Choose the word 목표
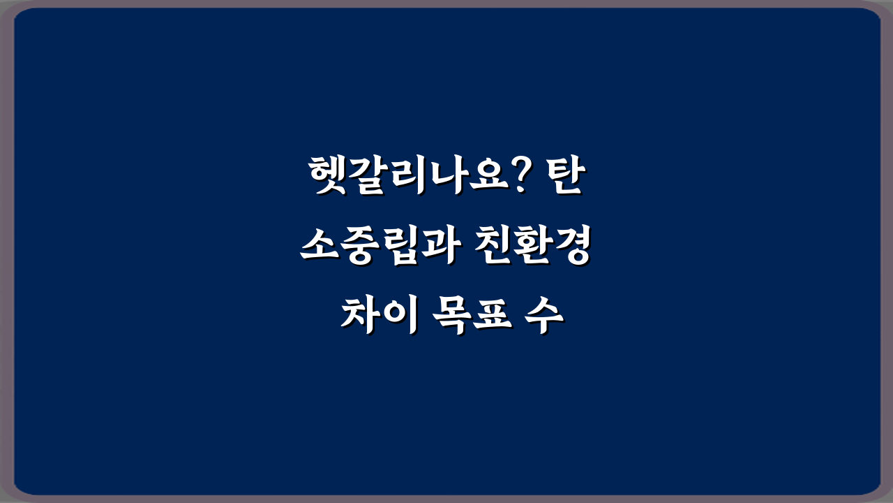471,319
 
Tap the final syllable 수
544,319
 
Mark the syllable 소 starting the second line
318,248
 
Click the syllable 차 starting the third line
359,319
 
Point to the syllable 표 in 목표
490,319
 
